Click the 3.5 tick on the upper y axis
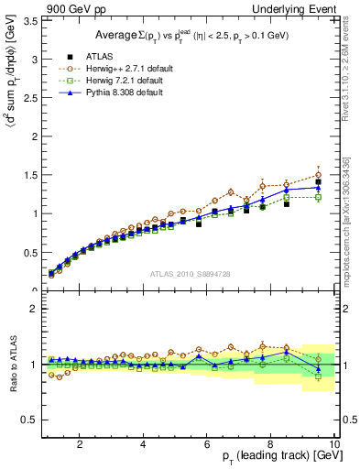click(31, 19)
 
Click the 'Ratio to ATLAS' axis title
click(10, 365)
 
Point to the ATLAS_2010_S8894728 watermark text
click(188, 274)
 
